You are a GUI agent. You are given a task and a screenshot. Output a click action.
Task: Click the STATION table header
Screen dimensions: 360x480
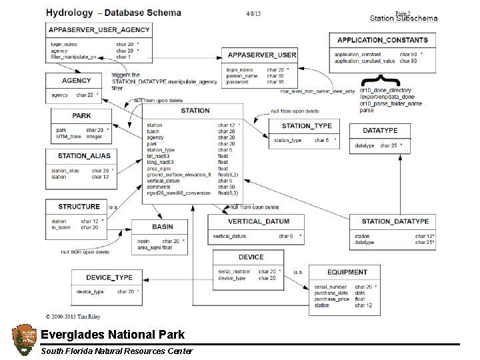(195, 110)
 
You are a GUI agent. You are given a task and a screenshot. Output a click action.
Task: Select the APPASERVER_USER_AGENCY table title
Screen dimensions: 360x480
(99, 30)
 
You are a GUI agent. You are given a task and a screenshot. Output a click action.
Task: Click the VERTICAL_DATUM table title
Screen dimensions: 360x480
(258, 222)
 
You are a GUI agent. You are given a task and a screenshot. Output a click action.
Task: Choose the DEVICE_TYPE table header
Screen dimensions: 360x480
(109, 277)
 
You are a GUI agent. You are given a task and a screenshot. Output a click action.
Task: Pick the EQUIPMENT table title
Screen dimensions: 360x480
(347, 272)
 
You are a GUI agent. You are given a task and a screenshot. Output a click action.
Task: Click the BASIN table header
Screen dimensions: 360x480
(162, 227)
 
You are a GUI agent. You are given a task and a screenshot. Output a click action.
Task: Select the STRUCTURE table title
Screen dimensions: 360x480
(79, 207)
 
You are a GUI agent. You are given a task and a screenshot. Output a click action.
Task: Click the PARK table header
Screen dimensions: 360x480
(81, 115)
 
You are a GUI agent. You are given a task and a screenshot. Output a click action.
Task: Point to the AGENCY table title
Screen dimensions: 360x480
(76, 80)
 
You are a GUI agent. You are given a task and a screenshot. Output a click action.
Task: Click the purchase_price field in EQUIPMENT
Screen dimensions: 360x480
(331, 299)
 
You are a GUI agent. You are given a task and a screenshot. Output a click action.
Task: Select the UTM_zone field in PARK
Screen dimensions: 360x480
(69, 136)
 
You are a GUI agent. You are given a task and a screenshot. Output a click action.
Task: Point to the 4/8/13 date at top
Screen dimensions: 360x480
(255, 13)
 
